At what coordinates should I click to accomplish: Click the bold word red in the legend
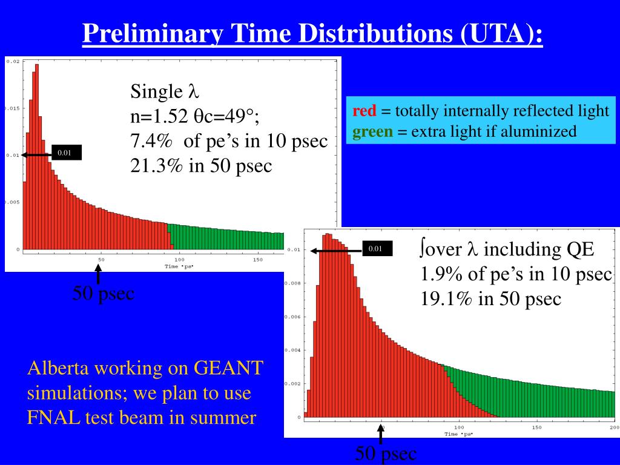point(364,111)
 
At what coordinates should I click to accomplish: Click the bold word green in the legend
point(372,131)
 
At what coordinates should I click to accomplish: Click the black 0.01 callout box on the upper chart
point(65,153)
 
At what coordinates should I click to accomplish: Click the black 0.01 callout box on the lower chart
point(376,248)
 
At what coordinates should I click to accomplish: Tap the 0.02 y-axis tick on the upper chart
point(13,61)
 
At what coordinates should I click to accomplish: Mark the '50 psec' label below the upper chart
point(104,294)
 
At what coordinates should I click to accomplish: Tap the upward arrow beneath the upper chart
point(97,277)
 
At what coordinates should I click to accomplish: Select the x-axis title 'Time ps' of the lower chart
point(458,434)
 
